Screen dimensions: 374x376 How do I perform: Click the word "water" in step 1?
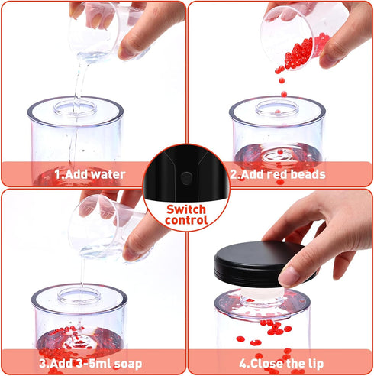pos(108,174)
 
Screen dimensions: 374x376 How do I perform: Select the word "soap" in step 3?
pos(128,364)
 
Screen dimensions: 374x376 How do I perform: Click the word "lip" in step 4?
pos(316,364)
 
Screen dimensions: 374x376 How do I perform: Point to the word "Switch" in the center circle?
pos(186,209)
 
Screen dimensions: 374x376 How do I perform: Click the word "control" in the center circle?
pos(186,220)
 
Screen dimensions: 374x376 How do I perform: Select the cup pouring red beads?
pos(292,36)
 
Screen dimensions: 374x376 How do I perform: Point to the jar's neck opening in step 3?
pos(79,295)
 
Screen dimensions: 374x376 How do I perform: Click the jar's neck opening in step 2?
pos(277,107)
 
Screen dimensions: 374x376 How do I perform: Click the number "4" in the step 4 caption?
pos(243,364)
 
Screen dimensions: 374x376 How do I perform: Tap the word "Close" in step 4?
pos(266,364)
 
